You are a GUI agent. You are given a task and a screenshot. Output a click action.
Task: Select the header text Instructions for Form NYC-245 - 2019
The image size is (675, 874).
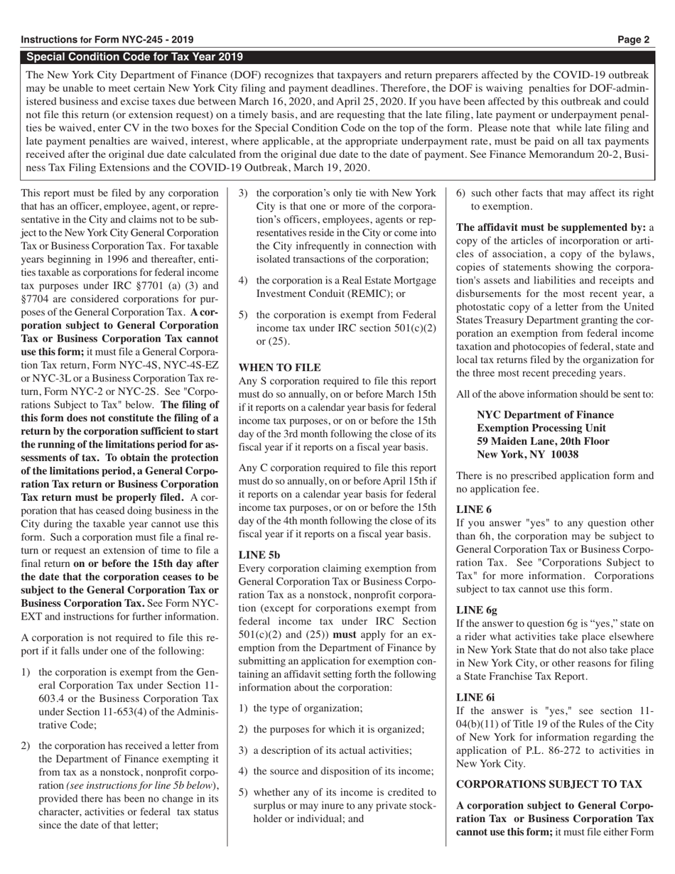point(107,40)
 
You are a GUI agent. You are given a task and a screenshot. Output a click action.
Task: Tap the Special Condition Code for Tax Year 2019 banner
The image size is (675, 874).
point(134,57)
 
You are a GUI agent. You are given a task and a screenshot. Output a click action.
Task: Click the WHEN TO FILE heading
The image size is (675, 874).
point(279,367)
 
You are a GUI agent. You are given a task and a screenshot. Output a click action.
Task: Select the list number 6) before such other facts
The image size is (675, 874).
point(461,193)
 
